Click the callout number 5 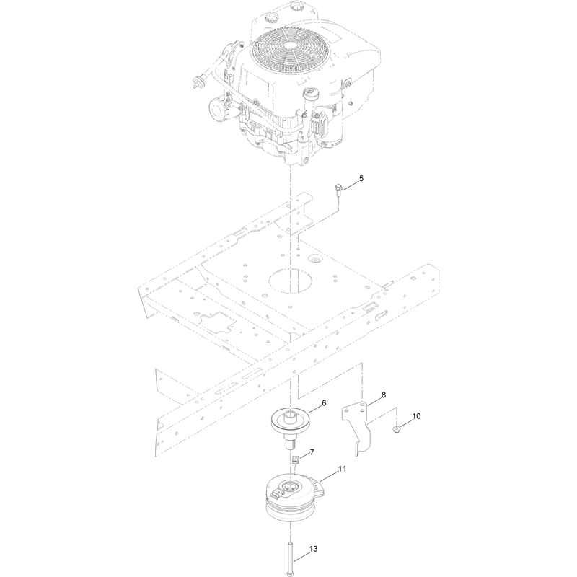[361, 178]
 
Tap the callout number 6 [324, 403]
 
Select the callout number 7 [312, 452]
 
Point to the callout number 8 [384, 395]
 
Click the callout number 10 [416, 416]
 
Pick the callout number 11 [342, 470]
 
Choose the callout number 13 [313, 549]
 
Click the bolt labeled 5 [337, 190]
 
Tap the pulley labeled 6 [291, 428]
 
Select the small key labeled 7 [295, 459]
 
